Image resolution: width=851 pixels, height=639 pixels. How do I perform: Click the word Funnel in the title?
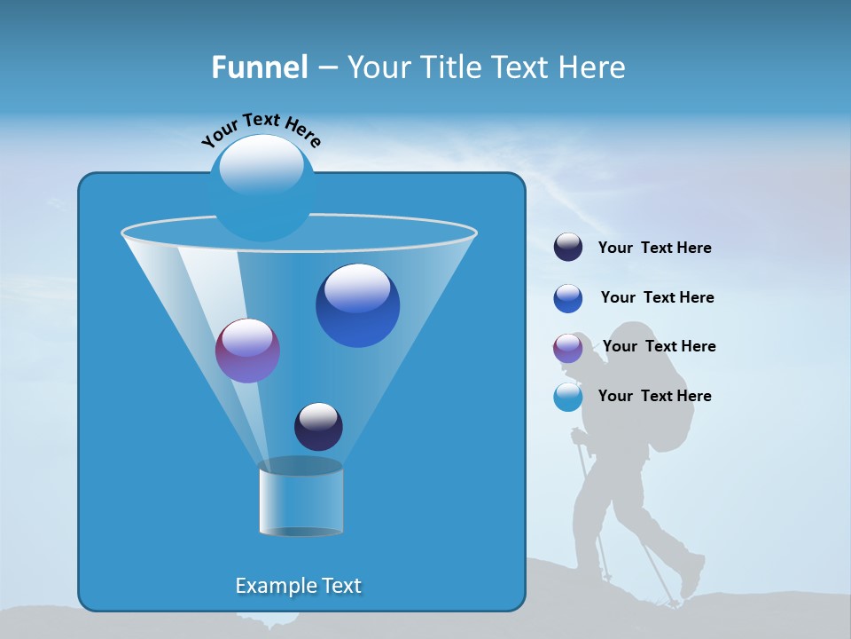[259, 67]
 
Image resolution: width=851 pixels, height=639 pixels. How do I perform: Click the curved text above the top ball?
[261, 130]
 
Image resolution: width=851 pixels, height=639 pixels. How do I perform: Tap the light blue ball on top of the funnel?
[262, 186]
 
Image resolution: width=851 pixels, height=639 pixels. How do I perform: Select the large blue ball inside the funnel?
[357, 304]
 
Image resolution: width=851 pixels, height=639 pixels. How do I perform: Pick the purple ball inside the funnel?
[247, 351]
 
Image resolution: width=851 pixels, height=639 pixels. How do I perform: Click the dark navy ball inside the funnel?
[318, 426]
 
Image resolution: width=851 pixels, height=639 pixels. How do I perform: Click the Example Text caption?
[298, 586]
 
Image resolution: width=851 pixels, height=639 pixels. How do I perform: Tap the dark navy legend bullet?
[568, 248]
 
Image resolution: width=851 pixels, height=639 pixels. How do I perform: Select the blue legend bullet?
[568, 298]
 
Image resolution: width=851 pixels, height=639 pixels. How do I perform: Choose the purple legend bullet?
[568, 348]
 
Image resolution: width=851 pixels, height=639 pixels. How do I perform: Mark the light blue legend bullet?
[568, 397]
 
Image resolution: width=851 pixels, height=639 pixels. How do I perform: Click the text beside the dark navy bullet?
[654, 248]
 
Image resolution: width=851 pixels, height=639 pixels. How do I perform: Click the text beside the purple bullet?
[659, 346]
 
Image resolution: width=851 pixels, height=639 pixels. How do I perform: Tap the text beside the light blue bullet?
[654, 396]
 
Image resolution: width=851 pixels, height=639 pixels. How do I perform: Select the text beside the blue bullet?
[657, 297]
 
